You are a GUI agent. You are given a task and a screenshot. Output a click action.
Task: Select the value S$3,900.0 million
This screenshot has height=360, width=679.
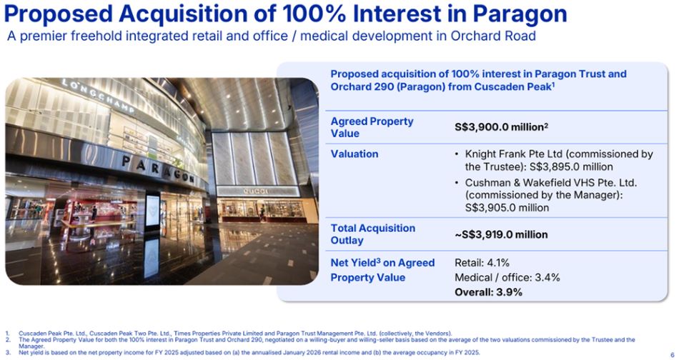501,127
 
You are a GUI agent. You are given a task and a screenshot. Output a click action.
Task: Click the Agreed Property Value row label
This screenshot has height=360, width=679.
372,127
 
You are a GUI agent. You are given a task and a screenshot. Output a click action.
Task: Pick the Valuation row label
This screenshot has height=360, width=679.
355,154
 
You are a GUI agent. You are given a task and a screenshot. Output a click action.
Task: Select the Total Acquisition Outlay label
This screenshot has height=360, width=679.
372,234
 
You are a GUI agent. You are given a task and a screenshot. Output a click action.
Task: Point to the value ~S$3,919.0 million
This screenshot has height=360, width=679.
501,234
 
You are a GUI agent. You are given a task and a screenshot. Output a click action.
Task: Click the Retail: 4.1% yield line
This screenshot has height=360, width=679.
482,263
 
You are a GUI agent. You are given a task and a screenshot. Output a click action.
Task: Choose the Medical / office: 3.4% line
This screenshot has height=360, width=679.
507,277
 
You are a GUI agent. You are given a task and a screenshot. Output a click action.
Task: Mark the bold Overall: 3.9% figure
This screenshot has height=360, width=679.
488,292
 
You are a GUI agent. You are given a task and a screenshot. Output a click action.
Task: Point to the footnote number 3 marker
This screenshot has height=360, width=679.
7,352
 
